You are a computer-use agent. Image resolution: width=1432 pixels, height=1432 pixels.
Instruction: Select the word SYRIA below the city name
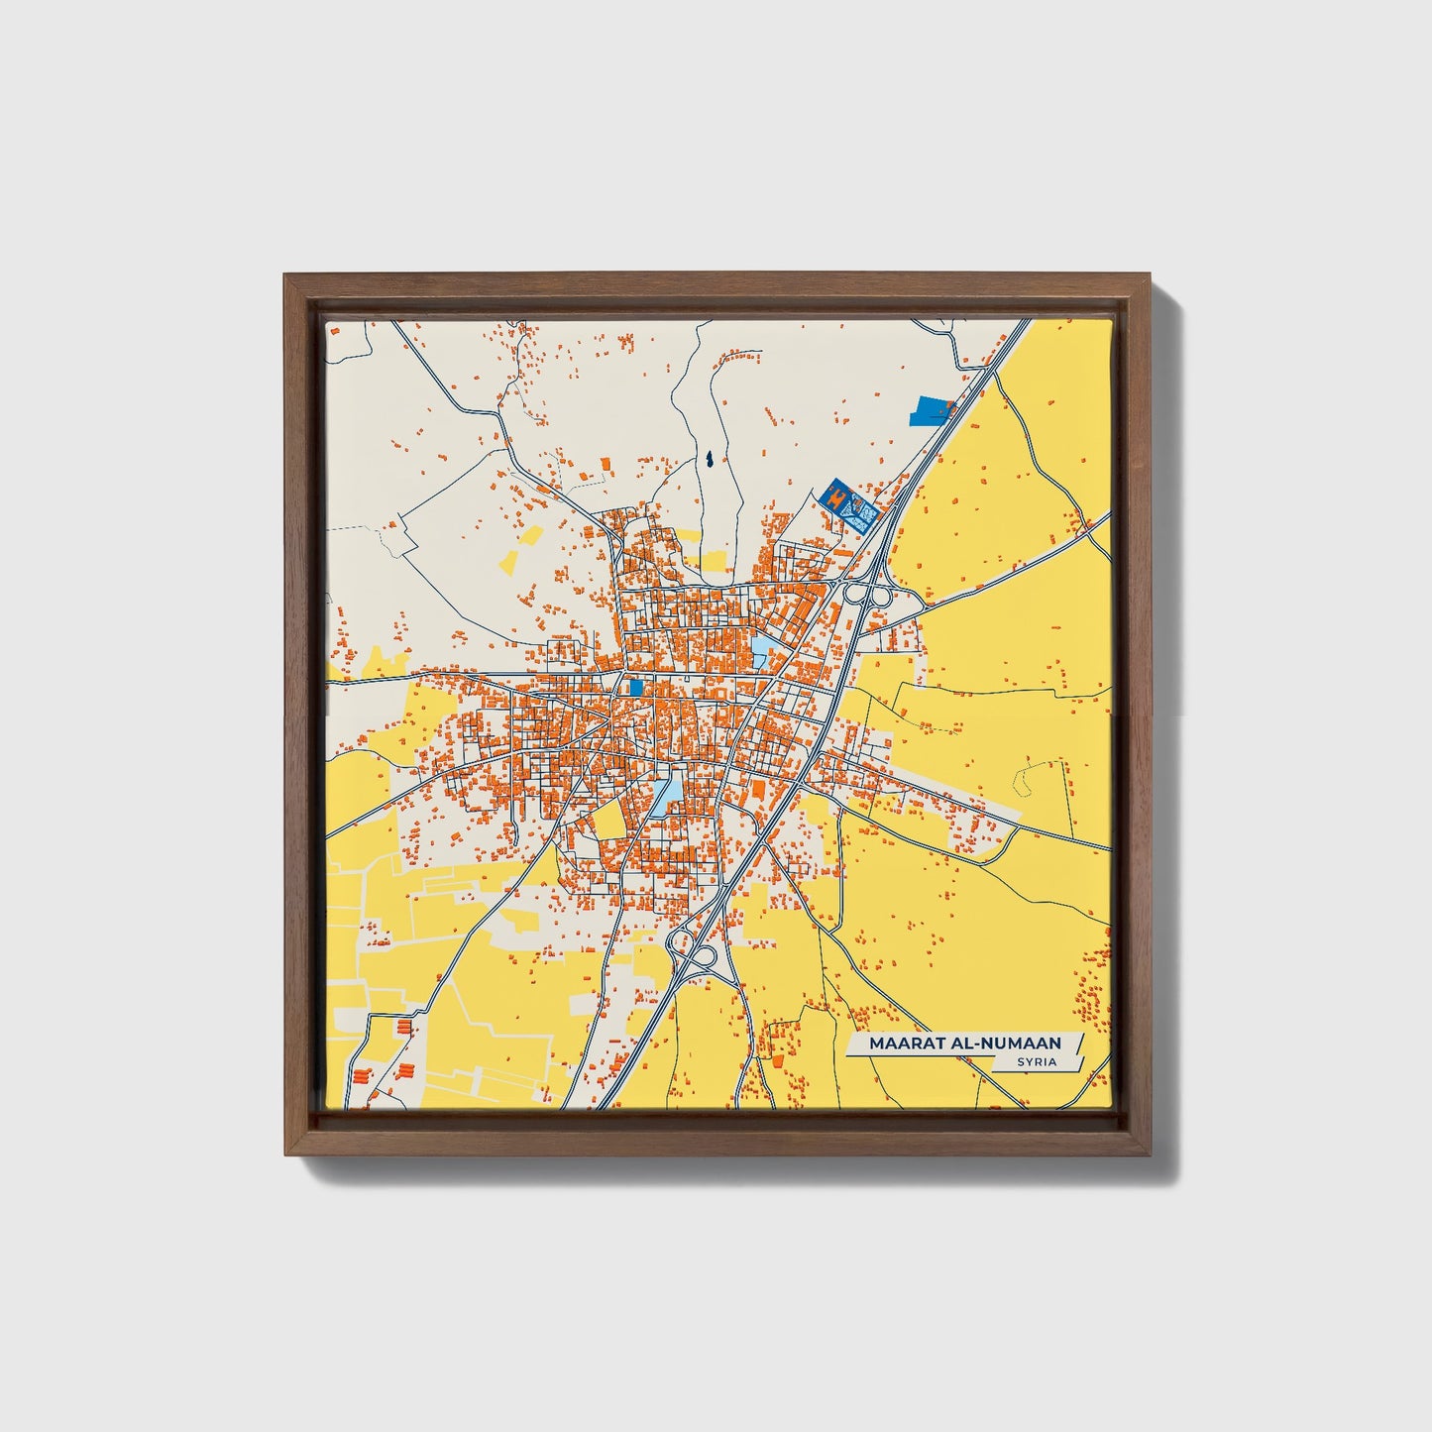[x=1036, y=1062]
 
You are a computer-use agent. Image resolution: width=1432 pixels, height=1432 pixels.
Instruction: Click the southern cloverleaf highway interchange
[x=694, y=951]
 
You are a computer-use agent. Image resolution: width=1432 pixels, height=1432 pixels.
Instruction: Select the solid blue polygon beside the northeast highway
[x=932, y=409]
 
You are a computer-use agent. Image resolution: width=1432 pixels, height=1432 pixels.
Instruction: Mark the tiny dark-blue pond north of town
[x=711, y=460]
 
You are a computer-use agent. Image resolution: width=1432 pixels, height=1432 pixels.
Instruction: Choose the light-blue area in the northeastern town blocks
[x=764, y=650]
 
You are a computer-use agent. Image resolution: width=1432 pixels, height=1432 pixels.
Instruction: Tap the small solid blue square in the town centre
[x=635, y=687]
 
